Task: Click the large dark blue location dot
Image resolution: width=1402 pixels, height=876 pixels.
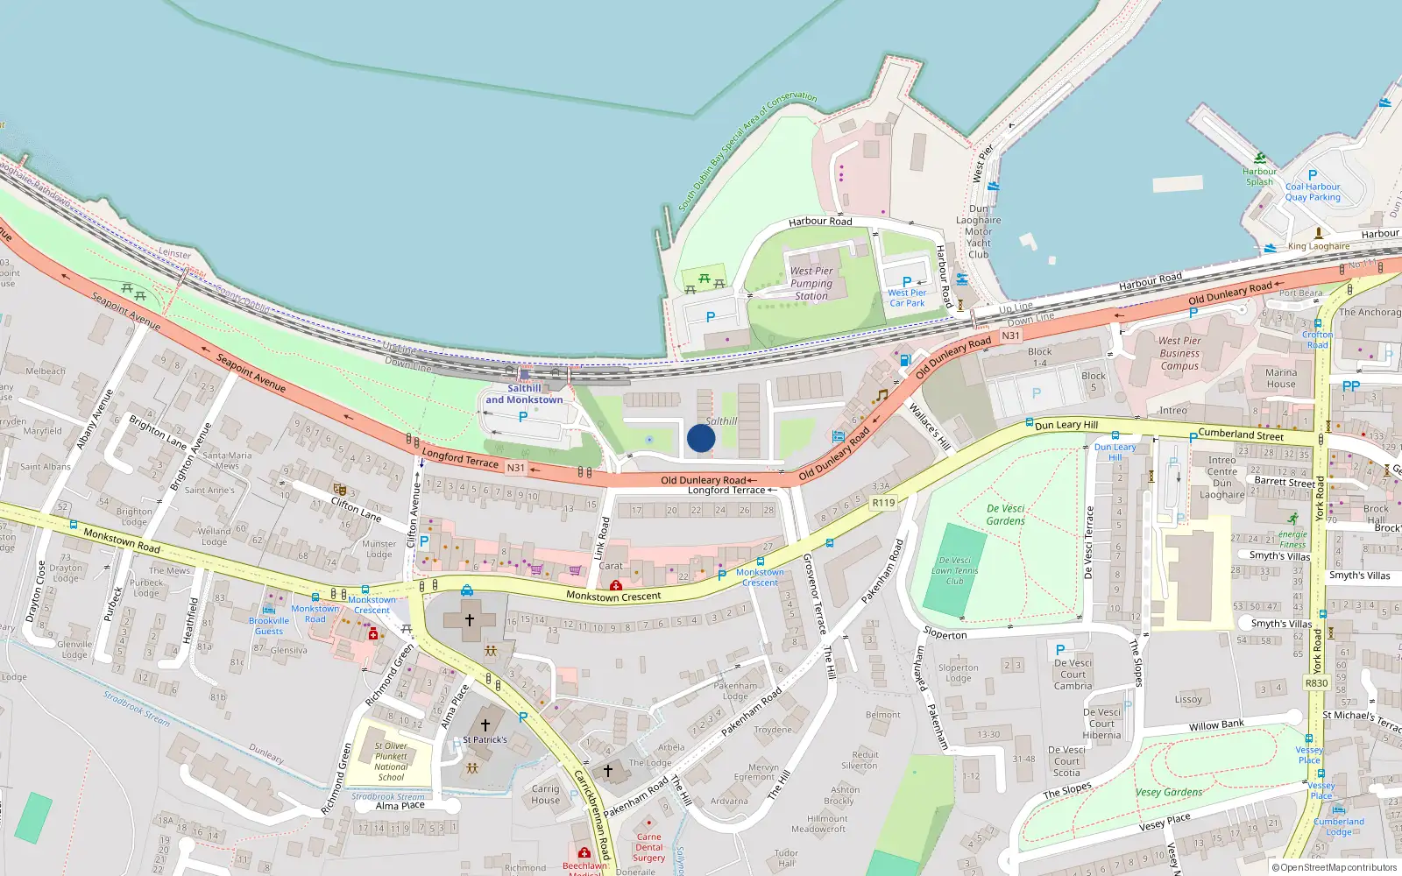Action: pos(701,438)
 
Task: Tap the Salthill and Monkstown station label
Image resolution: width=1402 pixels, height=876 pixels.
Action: pos(524,394)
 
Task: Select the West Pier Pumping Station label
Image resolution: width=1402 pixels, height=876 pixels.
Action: pos(811,283)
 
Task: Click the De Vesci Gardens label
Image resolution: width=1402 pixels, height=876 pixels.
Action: pos(1005,514)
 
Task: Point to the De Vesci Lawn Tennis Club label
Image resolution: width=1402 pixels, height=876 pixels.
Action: pos(954,570)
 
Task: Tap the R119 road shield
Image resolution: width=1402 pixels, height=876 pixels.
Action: pos(883,503)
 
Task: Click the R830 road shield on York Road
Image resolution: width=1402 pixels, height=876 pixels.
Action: pos(1316,683)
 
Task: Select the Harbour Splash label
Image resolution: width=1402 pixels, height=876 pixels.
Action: pos(1259,176)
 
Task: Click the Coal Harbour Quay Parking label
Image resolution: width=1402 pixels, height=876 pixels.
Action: pos(1313,192)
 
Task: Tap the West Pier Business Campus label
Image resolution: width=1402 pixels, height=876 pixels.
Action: pos(1179,354)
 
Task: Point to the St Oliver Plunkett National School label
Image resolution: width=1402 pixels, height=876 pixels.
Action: pos(391,761)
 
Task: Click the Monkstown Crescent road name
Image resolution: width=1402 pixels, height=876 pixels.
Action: pos(613,597)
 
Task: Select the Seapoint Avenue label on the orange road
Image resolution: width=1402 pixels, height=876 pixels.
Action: pos(251,372)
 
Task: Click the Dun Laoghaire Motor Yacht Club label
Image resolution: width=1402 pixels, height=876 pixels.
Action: pos(979,232)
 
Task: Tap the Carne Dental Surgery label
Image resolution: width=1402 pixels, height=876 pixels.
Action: pos(649,847)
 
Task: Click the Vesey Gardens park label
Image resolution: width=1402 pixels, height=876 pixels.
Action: pos(1169,792)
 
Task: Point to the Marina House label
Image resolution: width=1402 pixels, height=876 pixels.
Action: pos(1280,378)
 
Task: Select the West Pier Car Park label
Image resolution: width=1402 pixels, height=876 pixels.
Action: pos(907,298)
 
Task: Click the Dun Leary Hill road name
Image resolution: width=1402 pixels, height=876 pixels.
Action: pos(1066,425)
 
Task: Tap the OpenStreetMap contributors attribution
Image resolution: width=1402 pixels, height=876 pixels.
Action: pos(1335,868)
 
